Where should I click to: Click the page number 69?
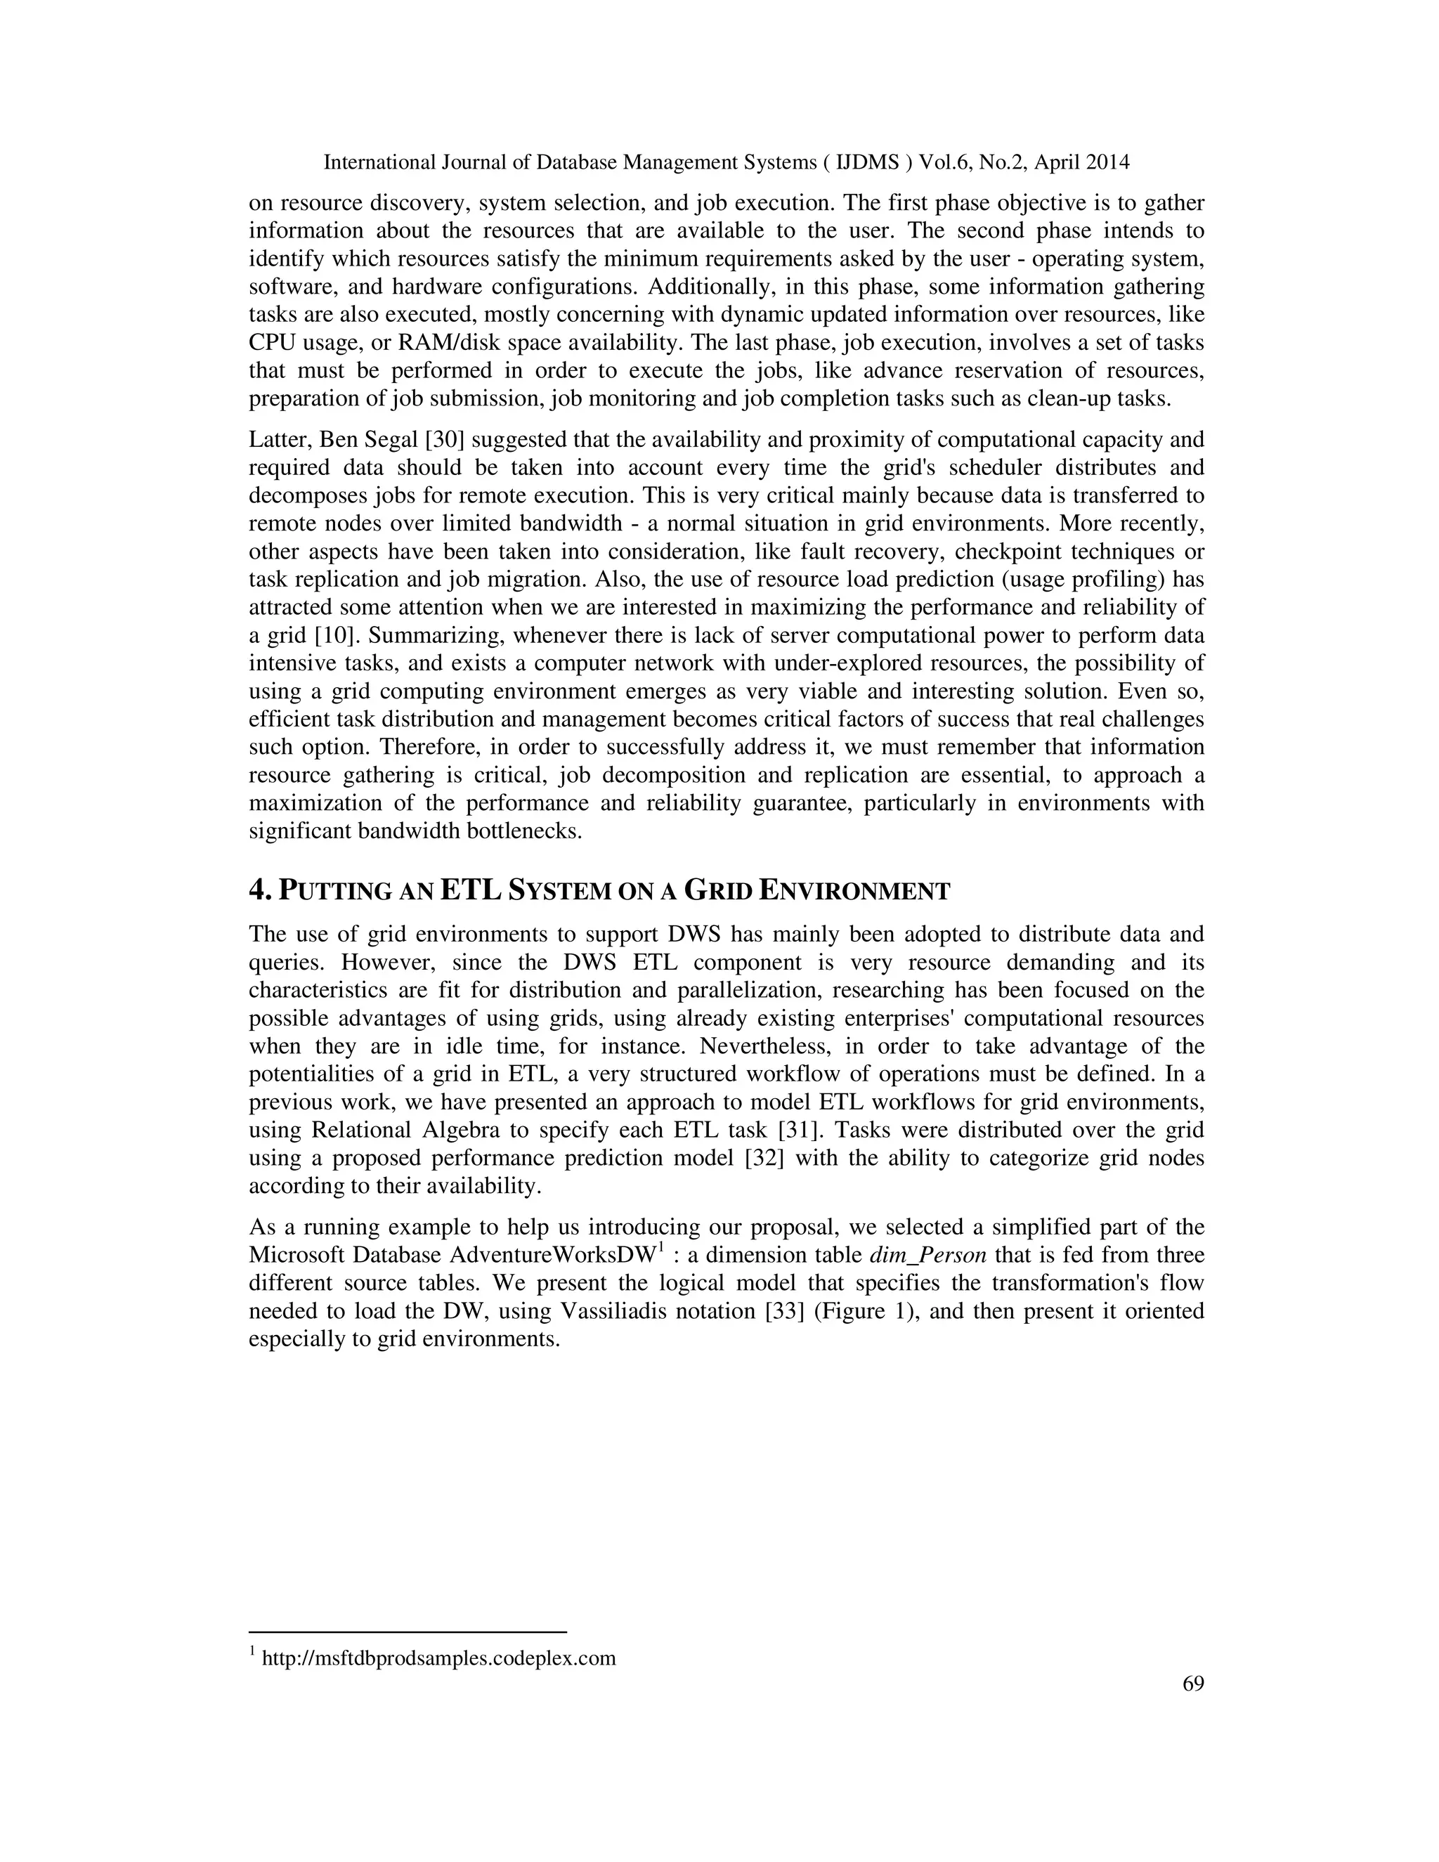tap(1192, 1684)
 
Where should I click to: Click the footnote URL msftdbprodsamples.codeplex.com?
tap(438, 1658)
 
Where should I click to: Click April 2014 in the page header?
tap(1082, 162)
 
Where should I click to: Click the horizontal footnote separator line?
tap(408, 1632)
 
